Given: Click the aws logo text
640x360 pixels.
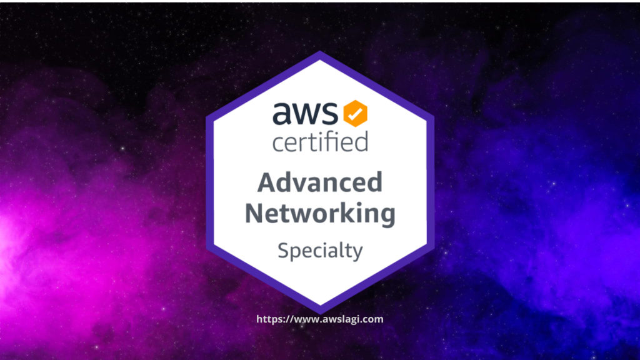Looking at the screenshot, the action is click(305, 113).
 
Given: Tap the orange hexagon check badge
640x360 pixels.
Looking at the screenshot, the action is click(355, 113).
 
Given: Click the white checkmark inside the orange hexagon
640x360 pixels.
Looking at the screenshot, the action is click(355, 113).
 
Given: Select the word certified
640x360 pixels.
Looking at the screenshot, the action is click(321, 141).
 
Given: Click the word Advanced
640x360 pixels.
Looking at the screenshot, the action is click(320, 182).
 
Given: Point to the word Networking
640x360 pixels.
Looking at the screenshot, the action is click(321, 214).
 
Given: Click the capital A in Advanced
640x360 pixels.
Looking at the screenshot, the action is click(267, 182).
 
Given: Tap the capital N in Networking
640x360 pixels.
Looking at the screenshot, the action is click(255, 213).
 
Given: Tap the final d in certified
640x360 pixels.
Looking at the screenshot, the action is click(361, 141).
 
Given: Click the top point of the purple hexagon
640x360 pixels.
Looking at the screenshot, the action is click(320, 51).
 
